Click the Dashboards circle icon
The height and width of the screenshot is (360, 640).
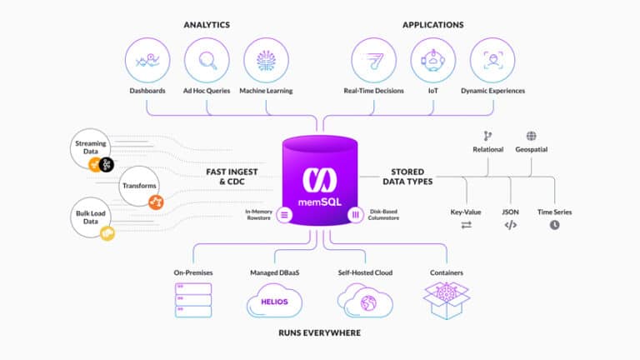click(147, 60)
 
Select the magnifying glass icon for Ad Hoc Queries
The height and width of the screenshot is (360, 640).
click(207, 61)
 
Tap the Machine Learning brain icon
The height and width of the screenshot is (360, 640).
click(266, 60)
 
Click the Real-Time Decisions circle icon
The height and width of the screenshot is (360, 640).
click(373, 60)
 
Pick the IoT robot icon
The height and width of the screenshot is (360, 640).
click(433, 60)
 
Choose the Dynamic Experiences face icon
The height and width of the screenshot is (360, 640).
click(493, 60)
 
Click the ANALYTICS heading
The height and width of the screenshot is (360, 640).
click(207, 25)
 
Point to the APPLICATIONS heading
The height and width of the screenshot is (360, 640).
click(433, 25)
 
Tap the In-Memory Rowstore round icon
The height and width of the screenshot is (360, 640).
click(284, 215)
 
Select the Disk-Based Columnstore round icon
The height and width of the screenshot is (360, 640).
click(356, 215)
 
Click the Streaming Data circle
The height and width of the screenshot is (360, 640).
click(91, 148)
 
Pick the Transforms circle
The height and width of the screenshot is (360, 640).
click(139, 186)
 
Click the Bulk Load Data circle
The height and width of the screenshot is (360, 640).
click(91, 217)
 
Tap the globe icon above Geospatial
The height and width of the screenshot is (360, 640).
click(531, 136)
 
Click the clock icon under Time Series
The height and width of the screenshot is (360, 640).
click(554, 225)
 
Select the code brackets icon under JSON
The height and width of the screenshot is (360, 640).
click(510, 225)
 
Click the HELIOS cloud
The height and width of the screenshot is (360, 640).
click(274, 301)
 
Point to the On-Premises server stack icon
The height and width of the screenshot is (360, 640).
click(193, 300)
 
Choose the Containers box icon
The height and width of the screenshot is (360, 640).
click(447, 301)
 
